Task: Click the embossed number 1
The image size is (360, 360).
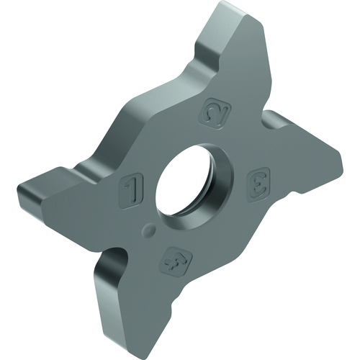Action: point(131,191)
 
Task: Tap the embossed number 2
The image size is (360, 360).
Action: point(217,113)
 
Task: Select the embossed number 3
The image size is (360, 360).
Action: point(258,184)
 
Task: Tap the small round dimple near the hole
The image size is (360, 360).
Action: point(149,229)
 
